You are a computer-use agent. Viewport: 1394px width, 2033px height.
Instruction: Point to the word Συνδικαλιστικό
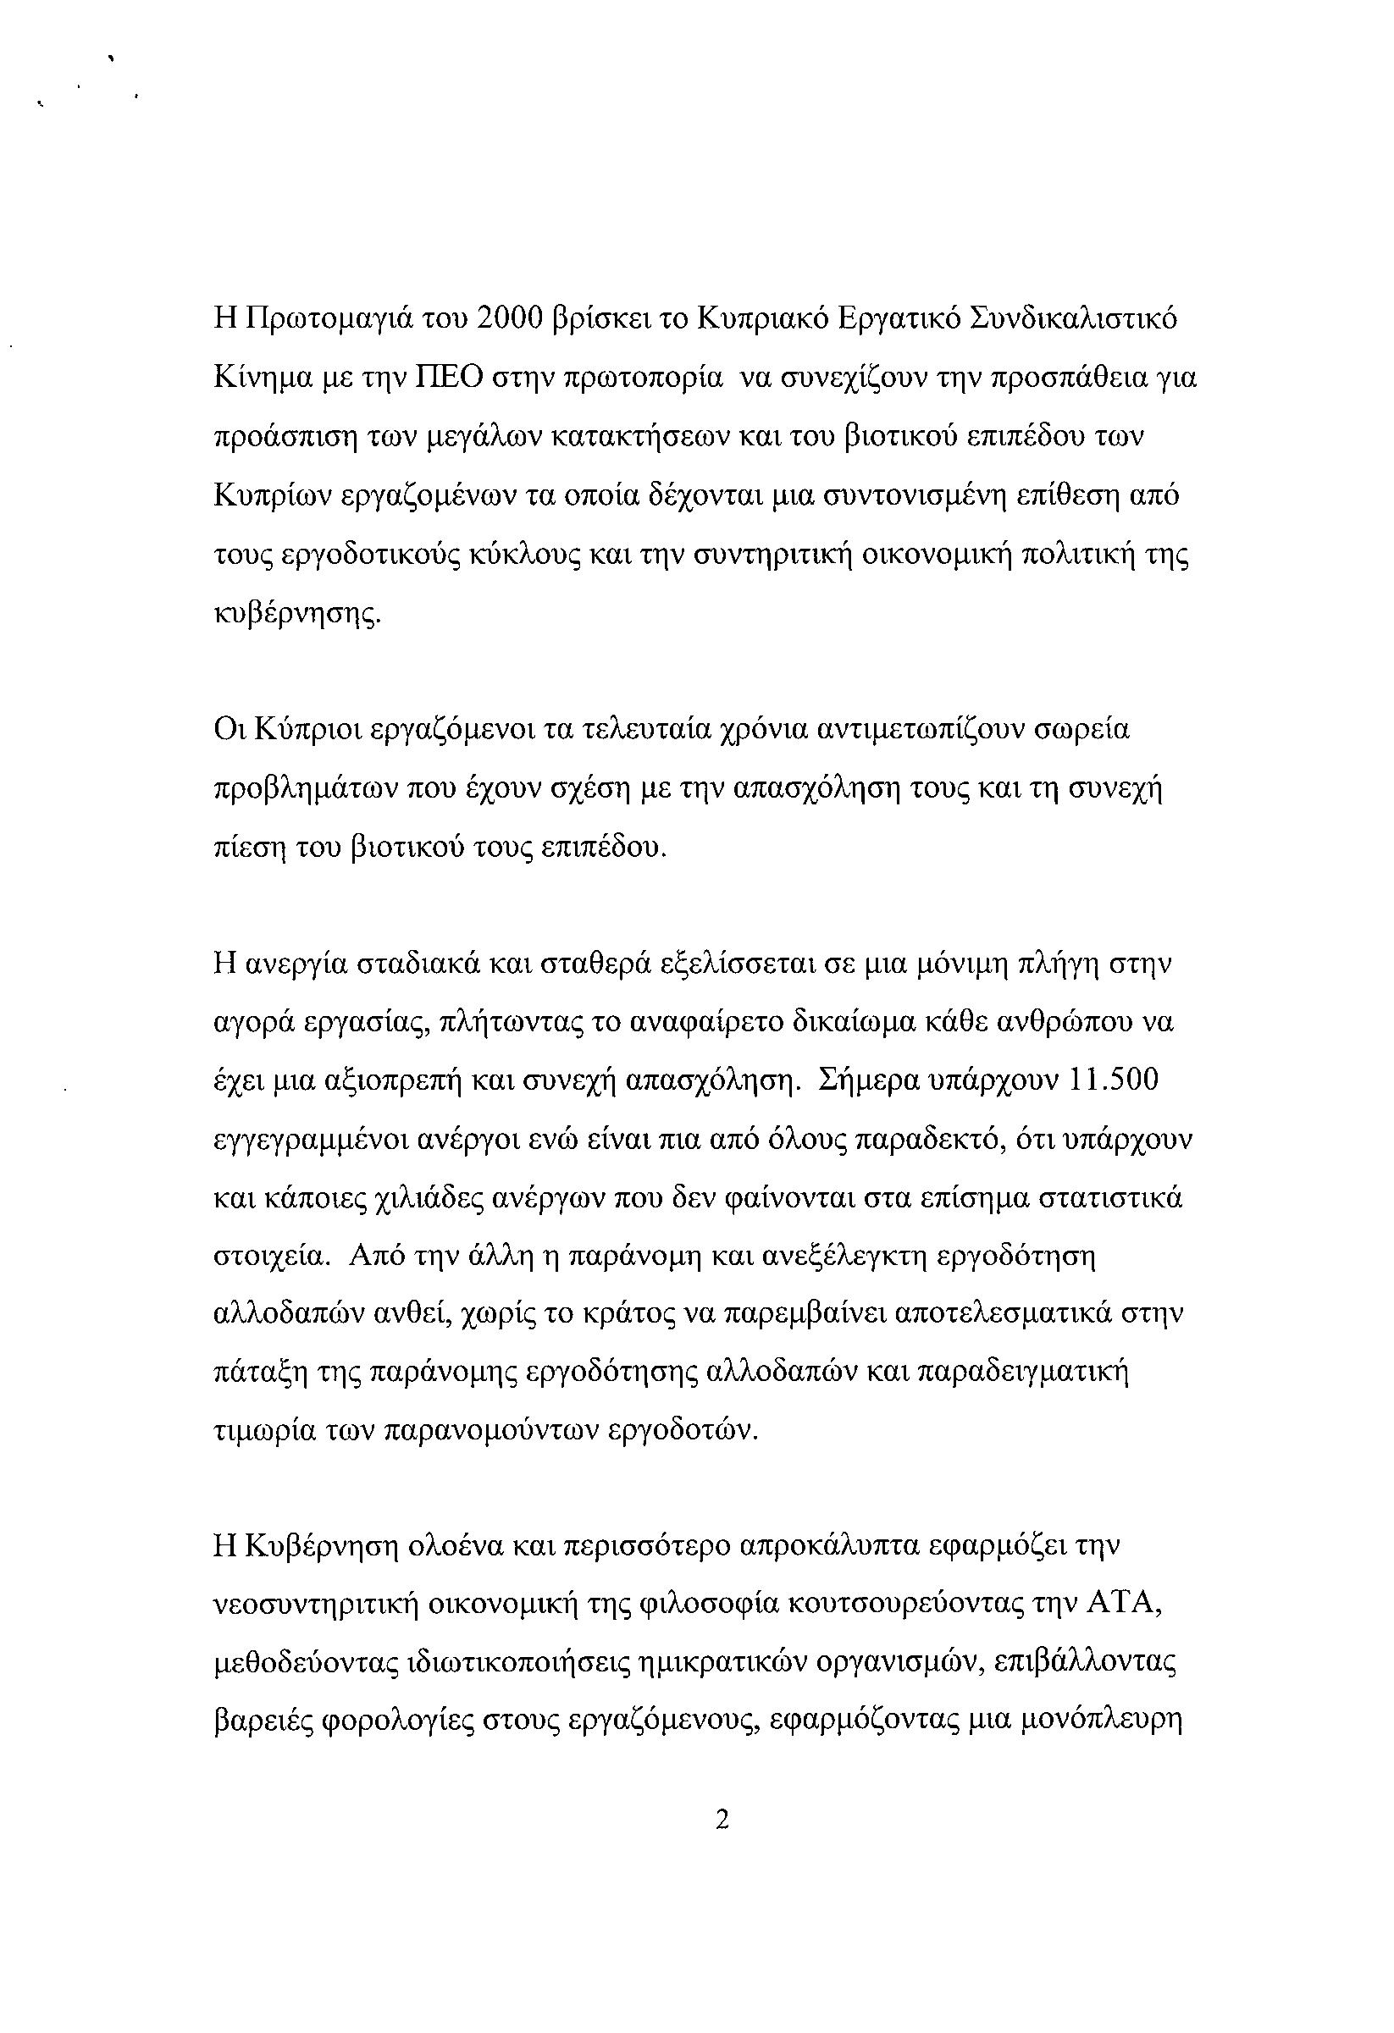coord(1076,319)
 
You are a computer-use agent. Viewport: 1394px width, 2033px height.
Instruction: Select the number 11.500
coord(1115,1080)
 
